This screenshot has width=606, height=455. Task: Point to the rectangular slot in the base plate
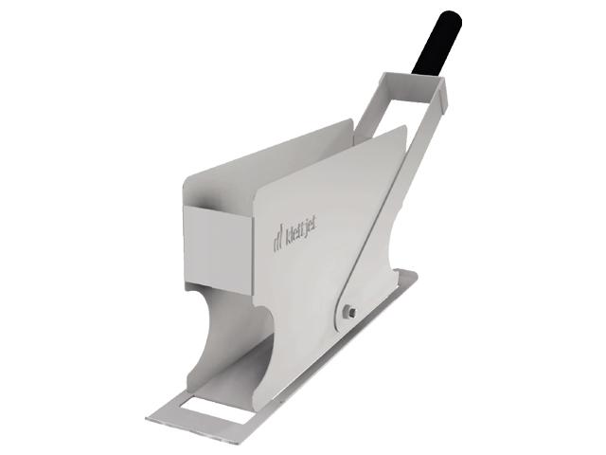207,406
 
